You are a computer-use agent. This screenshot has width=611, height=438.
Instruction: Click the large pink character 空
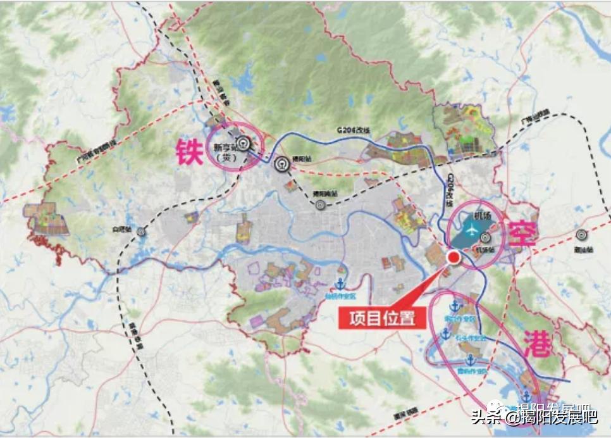[522, 234]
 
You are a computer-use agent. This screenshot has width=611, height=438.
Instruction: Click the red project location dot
[454, 257]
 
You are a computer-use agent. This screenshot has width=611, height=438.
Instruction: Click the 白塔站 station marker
[141, 232]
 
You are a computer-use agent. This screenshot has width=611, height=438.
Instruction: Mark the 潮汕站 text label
[586, 249]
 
